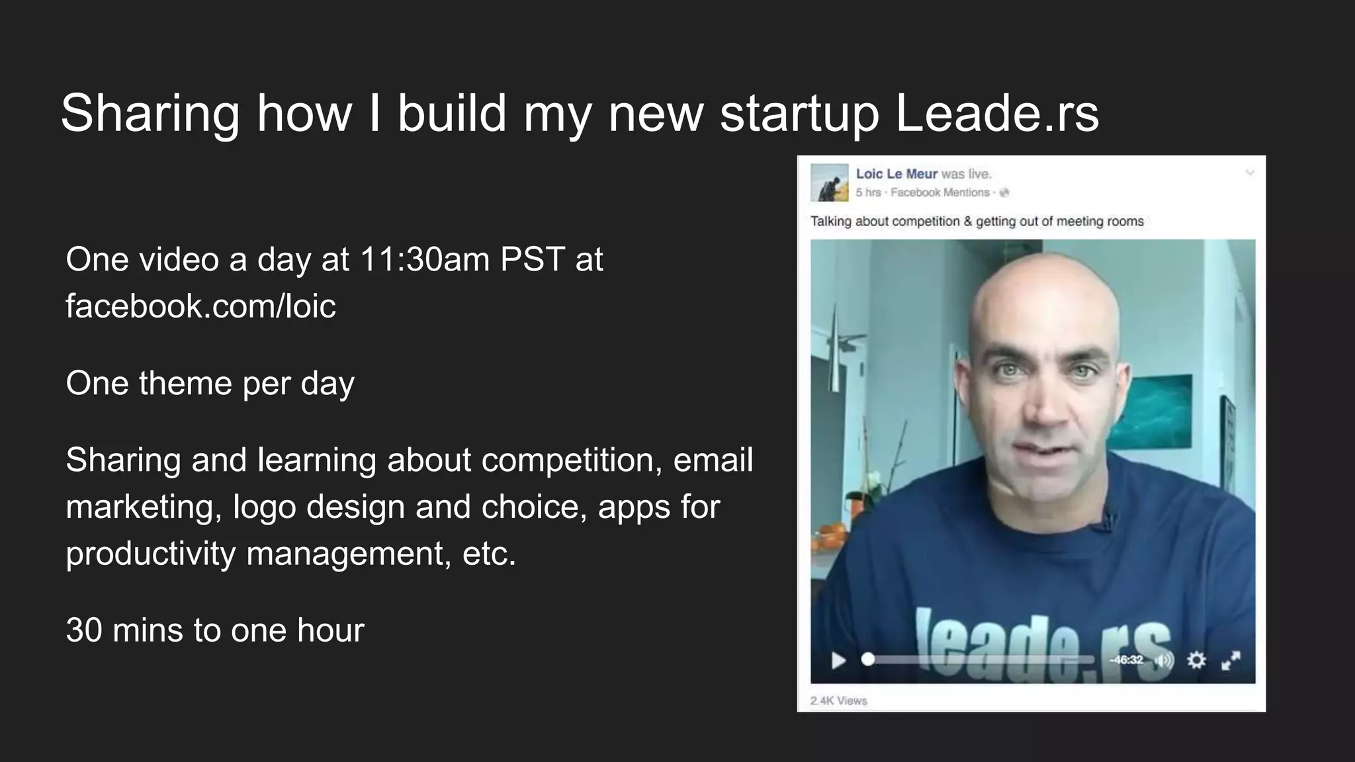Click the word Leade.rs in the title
pos(997,113)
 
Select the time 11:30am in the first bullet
pos(425,259)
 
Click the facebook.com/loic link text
pos(200,306)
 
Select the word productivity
pos(150,554)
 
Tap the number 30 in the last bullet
pos(83,630)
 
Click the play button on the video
pos(838,660)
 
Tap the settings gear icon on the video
pos(1196,659)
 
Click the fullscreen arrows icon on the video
pos(1231,660)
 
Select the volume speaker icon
pos(1164,660)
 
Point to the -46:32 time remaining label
pos(1127,659)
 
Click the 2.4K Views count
pos(838,700)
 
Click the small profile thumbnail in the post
pos(830,183)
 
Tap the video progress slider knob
pos(868,659)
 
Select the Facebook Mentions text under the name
pos(940,192)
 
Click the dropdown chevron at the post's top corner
pos(1250,173)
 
